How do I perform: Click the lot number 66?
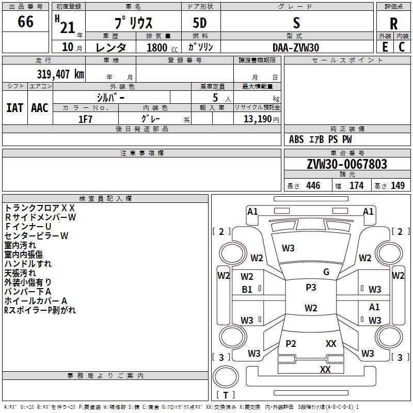tap(25, 23)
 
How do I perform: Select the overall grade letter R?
tap(393, 24)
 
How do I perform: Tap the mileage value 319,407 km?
tap(60, 74)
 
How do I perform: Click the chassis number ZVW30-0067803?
tap(346, 165)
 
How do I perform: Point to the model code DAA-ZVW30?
tap(296, 47)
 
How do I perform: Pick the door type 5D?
tap(200, 23)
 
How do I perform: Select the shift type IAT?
tap(14, 108)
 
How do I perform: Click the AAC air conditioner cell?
tap(40, 108)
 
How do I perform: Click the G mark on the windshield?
tap(326, 272)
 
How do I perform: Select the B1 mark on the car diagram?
tap(247, 290)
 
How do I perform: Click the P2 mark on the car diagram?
tap(291, 343)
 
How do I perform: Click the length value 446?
tap(313, 186)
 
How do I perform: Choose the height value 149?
tap(398, 186)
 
